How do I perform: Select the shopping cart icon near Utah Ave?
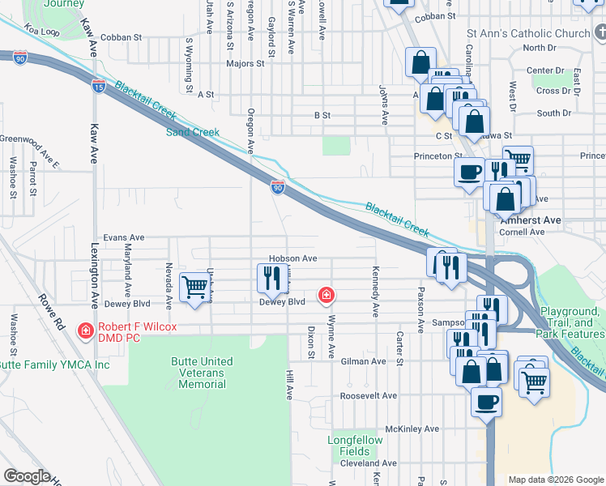coord(194,287)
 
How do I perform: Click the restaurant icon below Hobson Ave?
coord(269,278)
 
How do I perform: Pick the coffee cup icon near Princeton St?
coord(469,172)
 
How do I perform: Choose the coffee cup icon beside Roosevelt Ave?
coord(486,401)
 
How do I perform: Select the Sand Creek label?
coord(193,132)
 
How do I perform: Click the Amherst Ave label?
coord(531,220)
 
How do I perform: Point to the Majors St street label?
coord(241,62)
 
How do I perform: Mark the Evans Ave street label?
coord(123,237)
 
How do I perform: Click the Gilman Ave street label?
coord(363,361)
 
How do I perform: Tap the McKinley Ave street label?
coord(412,428)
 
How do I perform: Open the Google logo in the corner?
coord(27,476)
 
